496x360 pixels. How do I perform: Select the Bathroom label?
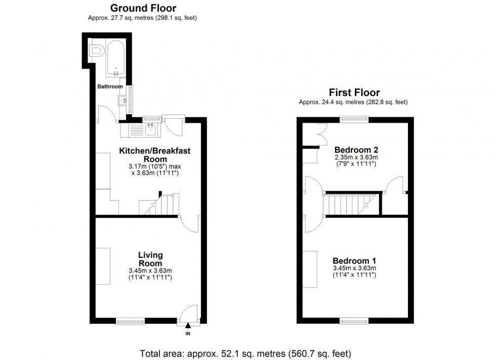pos(110,86)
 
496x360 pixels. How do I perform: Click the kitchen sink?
pos(150,130)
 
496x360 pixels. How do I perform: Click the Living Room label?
pos(150,259)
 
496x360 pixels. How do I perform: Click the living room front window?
pos(130,321)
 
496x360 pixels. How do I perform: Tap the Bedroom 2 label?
pos(356,150)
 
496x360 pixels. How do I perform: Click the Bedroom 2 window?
pos(354,120)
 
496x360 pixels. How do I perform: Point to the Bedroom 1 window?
pos(354,321)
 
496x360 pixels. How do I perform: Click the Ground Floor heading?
pos(143,8)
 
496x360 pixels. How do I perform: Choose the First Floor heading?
pos(354,93)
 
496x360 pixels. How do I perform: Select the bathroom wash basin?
pos(122,101)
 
